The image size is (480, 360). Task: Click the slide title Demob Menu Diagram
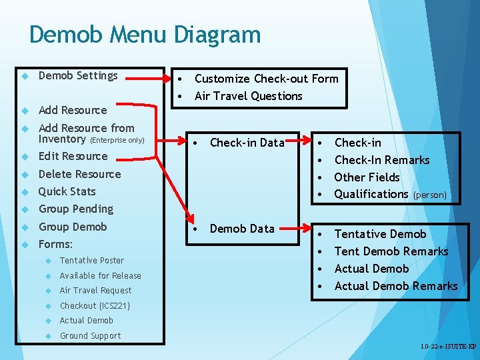point(145,35)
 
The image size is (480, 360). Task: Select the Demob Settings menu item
point(78,76)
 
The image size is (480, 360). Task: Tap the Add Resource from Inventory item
point(86,133)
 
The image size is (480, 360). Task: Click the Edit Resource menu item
point(73,157)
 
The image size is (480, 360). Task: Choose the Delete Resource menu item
point(79,175)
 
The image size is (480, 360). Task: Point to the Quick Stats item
point(67,192)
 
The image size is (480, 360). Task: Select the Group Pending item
point(75,209)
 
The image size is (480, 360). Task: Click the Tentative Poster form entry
point(91,261)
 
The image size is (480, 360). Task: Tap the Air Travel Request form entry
point(95,291)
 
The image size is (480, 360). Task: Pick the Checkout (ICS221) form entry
point(95,306)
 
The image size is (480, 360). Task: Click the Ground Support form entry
point(90,336)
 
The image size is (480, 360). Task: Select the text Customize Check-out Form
point(266,79)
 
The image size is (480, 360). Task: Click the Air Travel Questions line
point(248,96)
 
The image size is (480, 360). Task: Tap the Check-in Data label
point(247,143)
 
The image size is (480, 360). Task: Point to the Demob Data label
point(242,229)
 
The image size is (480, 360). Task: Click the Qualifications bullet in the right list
point(371,195)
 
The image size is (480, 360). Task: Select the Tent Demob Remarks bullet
point(391,251)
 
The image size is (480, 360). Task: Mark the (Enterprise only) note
point(117,141)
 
